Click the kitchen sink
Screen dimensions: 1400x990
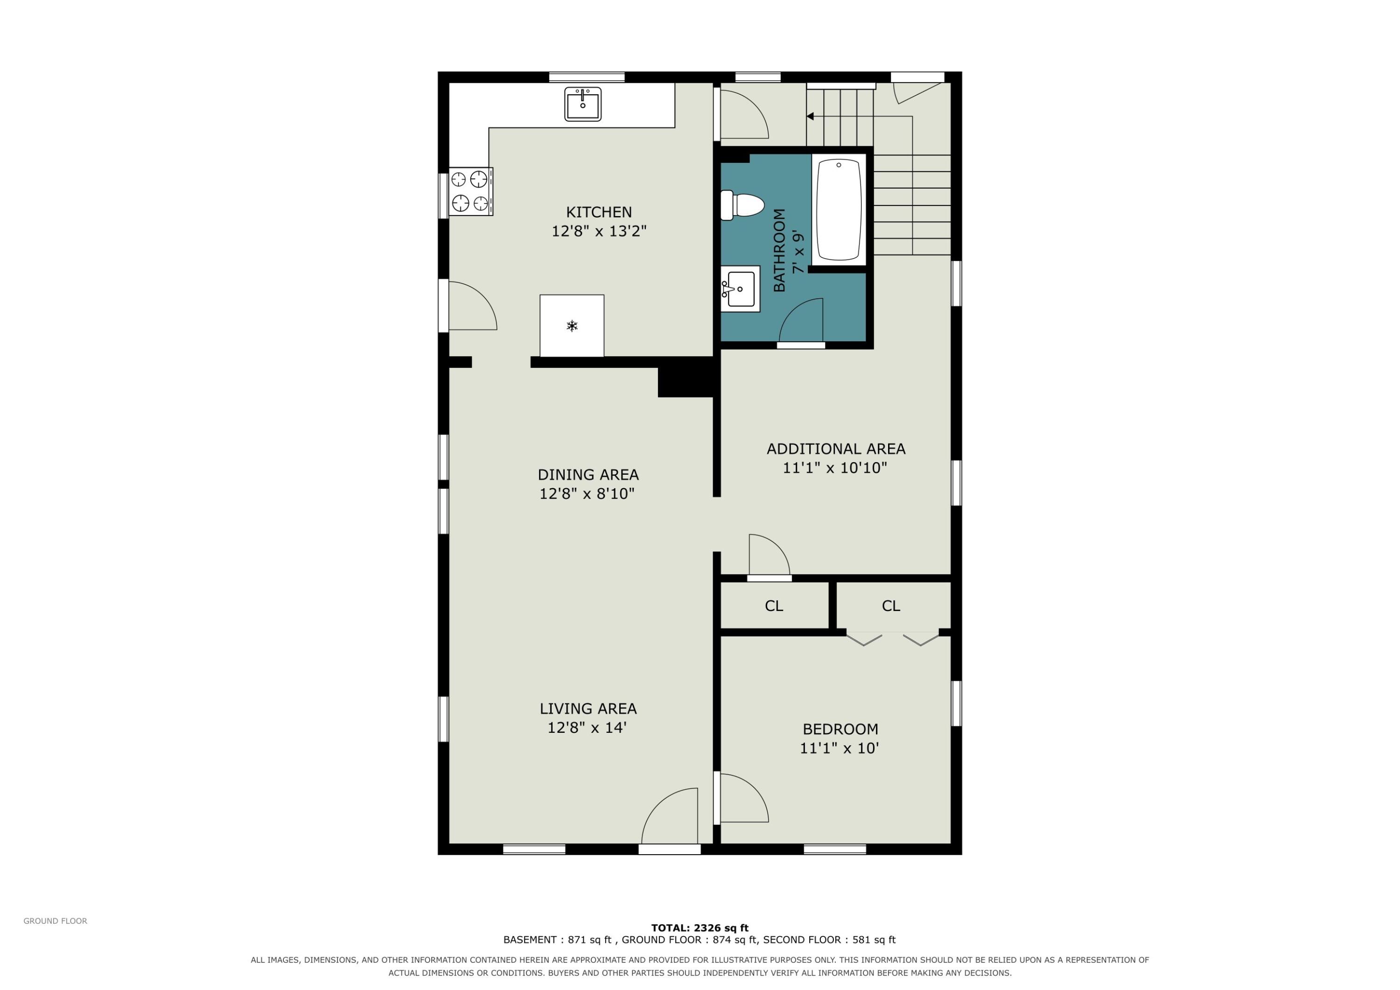tap(582, 104)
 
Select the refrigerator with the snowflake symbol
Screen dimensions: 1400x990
tap(572, 326)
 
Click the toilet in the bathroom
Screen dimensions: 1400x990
tap(742, 205)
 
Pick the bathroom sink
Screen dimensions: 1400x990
tap(740, 288)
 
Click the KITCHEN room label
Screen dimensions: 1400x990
tap(599, 212)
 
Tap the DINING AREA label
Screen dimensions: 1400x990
tap(588, 475)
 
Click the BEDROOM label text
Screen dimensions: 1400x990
tap(840, 729)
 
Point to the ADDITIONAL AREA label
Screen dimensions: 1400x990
tap(836, 449)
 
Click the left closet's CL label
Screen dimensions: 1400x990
tap(774, 606)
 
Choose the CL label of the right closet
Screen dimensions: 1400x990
tap(891, 606)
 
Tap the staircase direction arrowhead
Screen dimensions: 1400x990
tap(810, 116)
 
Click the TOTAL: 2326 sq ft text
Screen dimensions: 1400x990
tap(700, 928)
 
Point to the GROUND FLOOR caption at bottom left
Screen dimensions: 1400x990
tap(56, 921)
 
